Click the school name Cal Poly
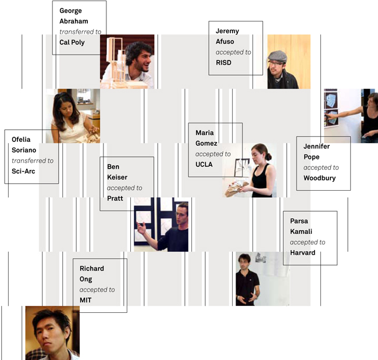pos(72,42)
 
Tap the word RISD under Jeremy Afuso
pos(223,63)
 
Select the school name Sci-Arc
pos(23,172)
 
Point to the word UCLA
pos(204,165)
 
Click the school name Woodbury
pos(319,178)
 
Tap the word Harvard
pos(302,253)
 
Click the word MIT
pos(85,300)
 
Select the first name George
pos(70,11)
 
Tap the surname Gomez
pos(206,143)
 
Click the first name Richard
pos(92,269)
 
